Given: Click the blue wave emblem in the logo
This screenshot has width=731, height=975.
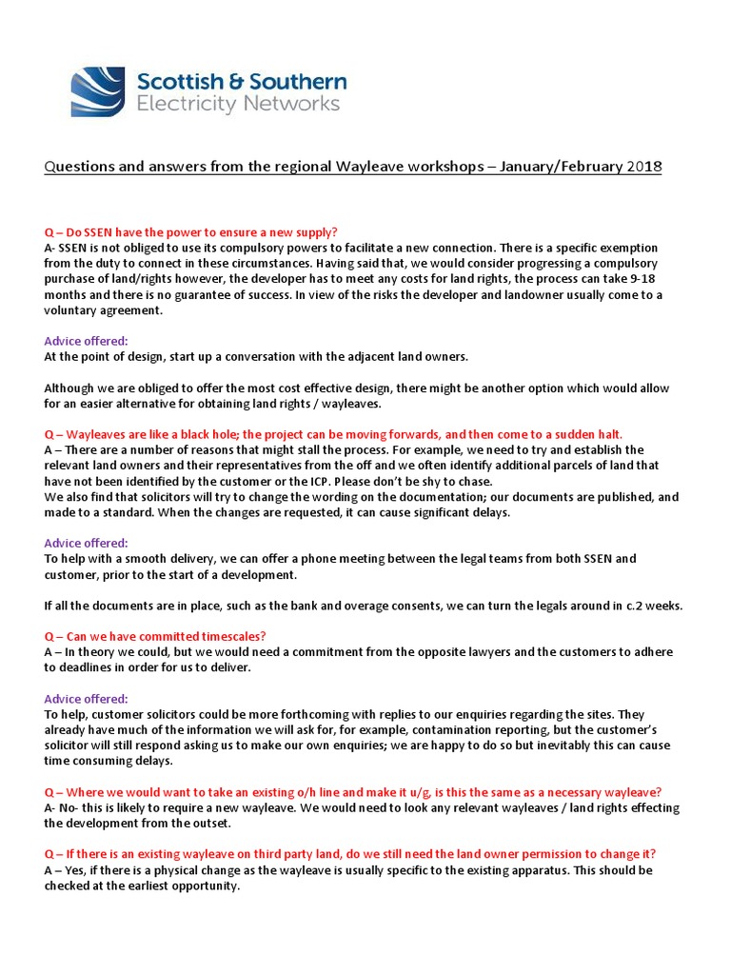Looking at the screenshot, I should coord(97,91).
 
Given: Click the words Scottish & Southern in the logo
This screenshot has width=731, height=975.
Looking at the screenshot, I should coord(242,81).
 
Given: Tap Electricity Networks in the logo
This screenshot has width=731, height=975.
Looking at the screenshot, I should coord(238,104).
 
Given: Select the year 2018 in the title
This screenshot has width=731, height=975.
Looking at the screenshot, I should coord(642,167).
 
